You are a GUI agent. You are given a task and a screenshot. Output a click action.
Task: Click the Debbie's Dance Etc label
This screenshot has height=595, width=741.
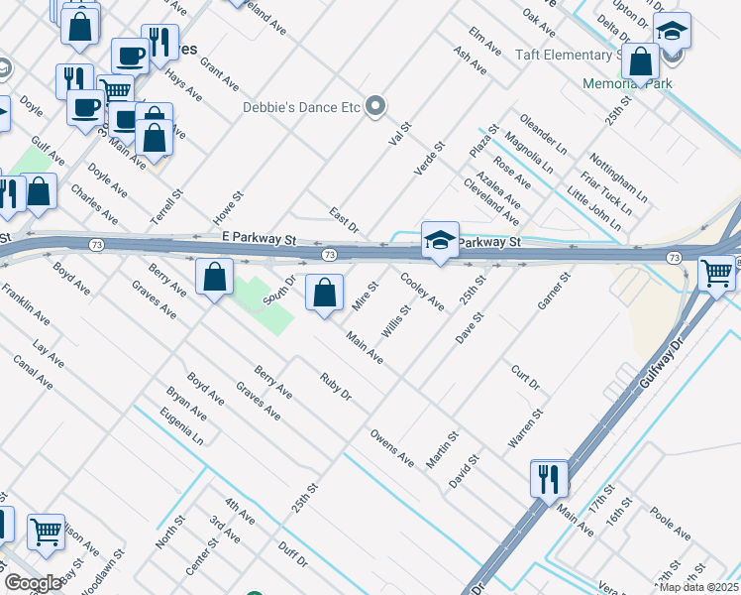pos(300,106)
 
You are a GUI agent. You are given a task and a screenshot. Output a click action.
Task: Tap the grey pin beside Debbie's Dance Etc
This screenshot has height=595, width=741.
pos(375,106)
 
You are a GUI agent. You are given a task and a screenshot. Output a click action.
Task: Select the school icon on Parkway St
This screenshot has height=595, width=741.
pos(440,240)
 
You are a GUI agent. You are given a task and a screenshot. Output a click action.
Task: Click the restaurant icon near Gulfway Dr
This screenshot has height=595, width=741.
pos(548,479)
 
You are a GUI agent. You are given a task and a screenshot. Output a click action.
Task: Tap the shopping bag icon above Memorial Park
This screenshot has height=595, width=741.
pos(641,62)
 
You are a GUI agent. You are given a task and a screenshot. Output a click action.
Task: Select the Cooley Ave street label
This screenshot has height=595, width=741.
pos(421,292)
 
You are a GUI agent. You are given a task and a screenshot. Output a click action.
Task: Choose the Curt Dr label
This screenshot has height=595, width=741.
pos(525,377)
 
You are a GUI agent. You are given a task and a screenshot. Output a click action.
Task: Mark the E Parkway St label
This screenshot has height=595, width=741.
pos(260,239)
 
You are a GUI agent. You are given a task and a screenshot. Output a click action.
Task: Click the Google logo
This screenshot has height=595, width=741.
pos(33,582)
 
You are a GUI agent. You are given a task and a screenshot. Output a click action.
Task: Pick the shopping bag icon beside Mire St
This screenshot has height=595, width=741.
pos(324,294)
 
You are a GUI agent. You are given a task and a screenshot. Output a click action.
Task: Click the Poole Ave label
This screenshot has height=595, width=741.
pos(671,525)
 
